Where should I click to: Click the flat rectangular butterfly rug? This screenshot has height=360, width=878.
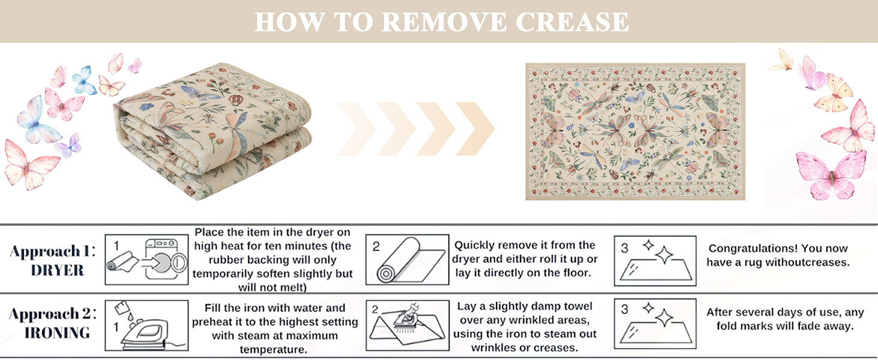635,131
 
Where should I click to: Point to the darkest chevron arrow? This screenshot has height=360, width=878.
475,128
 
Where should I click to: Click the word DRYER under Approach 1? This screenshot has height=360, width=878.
58,270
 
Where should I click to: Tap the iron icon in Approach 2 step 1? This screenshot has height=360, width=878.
144,333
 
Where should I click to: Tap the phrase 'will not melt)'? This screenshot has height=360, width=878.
273,287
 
